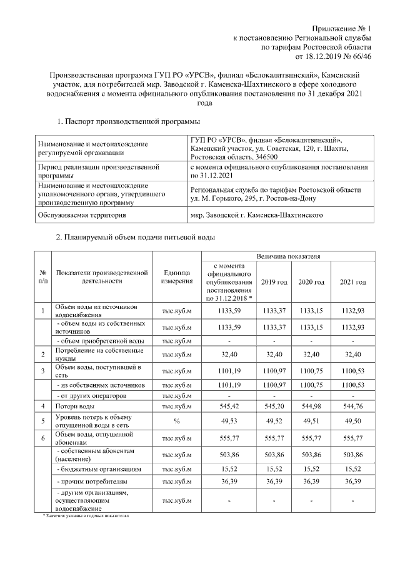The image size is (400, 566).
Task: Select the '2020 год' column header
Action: tap(312, 283)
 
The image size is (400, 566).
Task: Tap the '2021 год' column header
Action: tap(352, 283)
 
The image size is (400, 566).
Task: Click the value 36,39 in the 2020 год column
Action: tap(312, 482)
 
